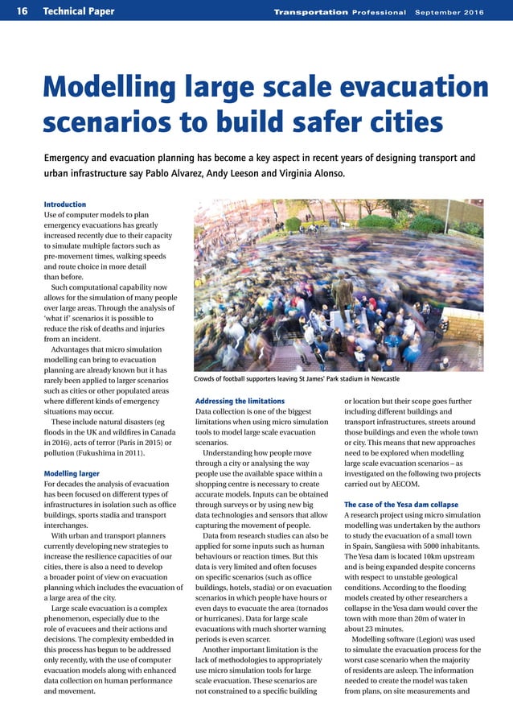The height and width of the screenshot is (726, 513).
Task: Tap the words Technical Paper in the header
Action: tap(79, 11)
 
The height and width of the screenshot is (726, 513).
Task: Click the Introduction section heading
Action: tap(64, 204)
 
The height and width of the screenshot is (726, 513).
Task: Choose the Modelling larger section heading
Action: tap(72, 474)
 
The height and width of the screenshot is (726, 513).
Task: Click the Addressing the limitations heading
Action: tap(240, 401)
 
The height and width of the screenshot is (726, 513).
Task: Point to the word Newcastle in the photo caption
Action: tap(380, 378)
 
